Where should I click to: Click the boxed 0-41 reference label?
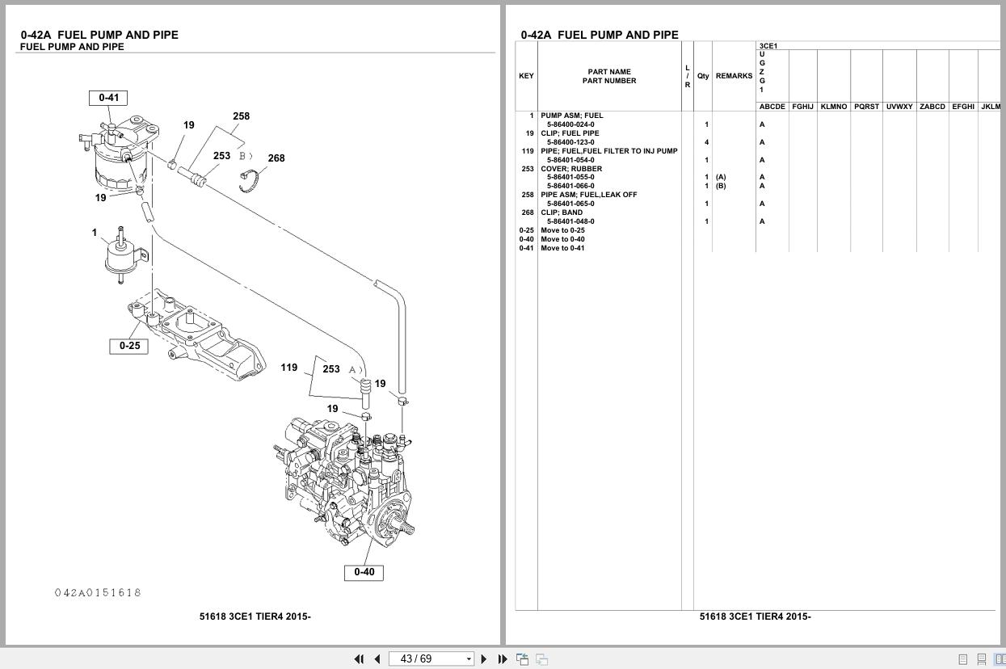point(108,98)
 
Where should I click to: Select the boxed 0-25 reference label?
point(129,346)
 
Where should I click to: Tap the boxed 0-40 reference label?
point(364,572)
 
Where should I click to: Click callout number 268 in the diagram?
point(276,158)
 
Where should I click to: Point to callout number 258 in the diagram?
point(241,116)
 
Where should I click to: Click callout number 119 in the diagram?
point(288,368)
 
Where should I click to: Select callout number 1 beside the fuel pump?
point(95,233)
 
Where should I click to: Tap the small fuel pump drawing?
point(125,256)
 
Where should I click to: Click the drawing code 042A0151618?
point(98,593)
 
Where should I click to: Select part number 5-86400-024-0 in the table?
point(570,124)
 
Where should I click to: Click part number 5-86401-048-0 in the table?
point(570,221)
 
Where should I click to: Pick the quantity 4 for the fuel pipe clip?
point(706,142)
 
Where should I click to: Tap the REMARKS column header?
point(734,76)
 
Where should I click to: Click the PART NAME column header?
point(609,72)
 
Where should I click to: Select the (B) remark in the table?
point(721,186)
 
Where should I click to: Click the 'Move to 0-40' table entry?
point(562,239)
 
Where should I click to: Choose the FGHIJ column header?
point(802,107)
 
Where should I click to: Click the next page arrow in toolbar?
point(484,659)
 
